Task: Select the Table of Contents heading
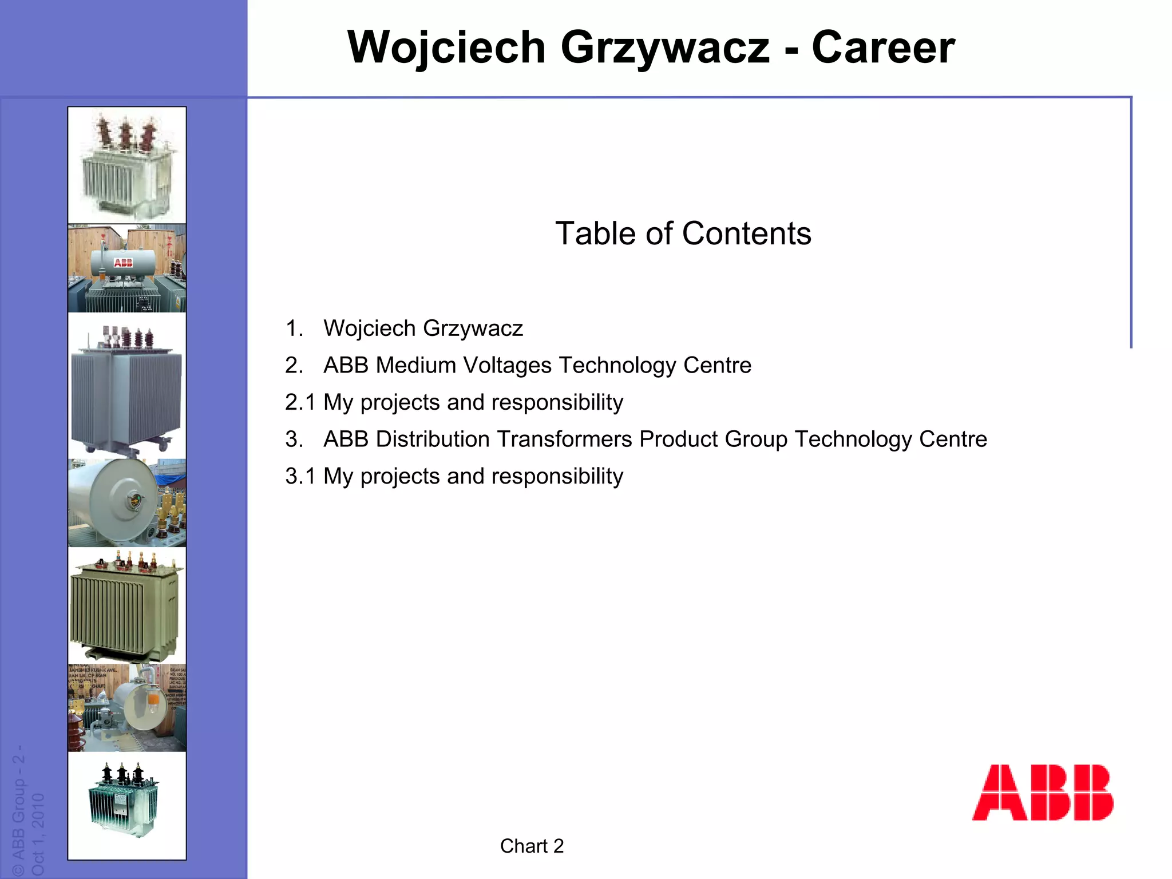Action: (x=683, y=233)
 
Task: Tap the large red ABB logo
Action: (x=1043, y=793)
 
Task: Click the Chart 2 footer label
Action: (x=532, y=846)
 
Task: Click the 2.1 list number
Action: (x=300, y=402)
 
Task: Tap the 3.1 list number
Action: (x=300, y=476)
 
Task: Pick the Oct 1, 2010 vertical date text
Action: (x=38, y=833)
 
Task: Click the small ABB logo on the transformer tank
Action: (x=123, y=263)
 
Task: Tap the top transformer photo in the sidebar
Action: (x=126, y=165)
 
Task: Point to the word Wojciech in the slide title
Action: (x=446, y=47)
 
